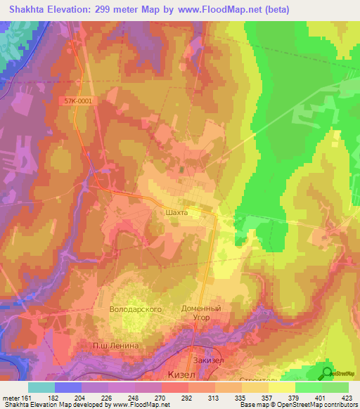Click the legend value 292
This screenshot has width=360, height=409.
tap(188, 398)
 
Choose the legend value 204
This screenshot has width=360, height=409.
tap(82, 398)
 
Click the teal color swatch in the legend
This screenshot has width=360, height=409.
tap(41, 387)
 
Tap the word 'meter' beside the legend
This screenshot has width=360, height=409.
tap(11, 398)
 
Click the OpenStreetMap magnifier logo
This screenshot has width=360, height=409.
tap(328, 373)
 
